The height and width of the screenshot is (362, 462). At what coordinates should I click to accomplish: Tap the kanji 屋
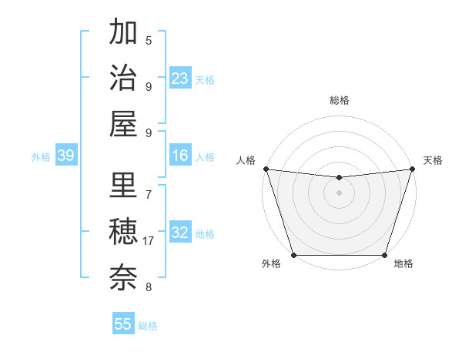123,123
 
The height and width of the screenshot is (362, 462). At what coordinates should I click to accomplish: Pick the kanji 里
123,186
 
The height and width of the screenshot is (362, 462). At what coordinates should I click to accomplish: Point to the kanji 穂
123,232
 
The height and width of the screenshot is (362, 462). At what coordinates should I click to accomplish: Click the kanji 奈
123,277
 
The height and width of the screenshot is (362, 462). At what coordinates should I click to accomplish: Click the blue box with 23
179,78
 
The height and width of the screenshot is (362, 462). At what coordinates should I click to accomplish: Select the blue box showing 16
179,156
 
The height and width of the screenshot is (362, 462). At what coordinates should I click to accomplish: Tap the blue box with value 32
179,233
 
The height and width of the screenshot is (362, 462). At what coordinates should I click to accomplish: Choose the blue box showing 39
65,156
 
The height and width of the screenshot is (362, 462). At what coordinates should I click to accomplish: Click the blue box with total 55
123,324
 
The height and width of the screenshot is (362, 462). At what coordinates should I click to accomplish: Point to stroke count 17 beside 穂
149,241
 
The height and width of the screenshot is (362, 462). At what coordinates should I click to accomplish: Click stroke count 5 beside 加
149,41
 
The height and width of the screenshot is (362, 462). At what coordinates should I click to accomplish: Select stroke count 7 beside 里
149,195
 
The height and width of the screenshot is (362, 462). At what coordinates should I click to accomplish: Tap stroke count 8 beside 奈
149,287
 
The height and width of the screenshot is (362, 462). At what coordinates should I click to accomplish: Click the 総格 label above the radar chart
339,100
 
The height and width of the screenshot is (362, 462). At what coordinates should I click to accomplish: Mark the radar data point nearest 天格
412,169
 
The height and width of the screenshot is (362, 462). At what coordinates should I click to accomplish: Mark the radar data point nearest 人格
266,169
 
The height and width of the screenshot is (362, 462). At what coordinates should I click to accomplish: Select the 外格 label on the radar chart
271,264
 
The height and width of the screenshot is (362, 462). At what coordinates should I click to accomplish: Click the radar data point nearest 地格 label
384,254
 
